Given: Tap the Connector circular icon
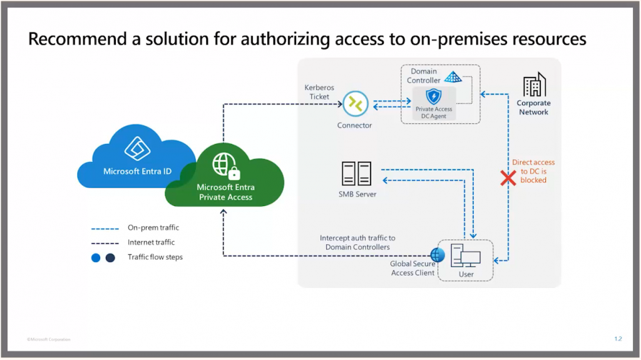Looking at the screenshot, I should pos(355,104).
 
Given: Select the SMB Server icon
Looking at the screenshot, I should pos(356,173).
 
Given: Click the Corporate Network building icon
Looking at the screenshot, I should pos(534,85).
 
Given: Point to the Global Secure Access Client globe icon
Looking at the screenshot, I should pos(437,254).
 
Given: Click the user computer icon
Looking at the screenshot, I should pos(466,255).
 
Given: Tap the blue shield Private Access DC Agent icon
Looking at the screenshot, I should pos(433,97).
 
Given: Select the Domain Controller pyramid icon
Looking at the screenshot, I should pos(452,77).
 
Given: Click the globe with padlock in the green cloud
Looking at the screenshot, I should pos(225,165).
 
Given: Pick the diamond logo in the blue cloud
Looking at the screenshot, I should pos(137,149).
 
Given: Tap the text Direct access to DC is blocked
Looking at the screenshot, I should pos(533,171).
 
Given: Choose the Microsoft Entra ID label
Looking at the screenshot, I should pos(137,171).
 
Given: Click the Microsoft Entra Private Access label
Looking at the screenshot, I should pos(225,192).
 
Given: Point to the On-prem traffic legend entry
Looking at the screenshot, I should pos(153,228).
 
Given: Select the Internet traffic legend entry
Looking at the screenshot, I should pos(151,242).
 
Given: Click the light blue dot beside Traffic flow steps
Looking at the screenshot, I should pos(96,257).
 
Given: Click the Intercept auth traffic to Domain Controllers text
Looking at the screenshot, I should pos(357,242).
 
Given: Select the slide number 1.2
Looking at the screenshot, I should pos(618,339).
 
